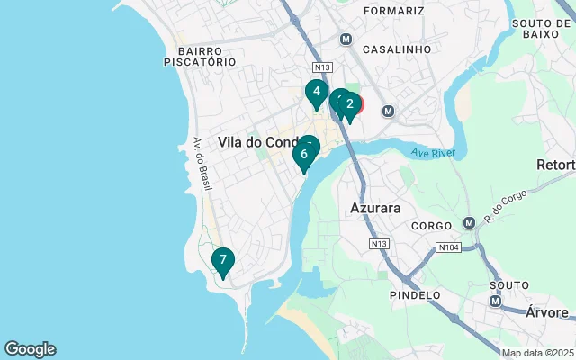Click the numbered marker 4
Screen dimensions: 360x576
pos(315,93)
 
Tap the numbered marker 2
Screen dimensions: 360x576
pos(350,104)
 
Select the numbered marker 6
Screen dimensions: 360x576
pos(304,155)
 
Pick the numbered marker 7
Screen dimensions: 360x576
pos(222,261)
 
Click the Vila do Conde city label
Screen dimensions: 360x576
pos(261,142)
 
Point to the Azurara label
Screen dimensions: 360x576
pos(374,208)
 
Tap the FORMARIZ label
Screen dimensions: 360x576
pos(393,11)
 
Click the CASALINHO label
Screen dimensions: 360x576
pos(397,49)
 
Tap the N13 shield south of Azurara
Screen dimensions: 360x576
pos(378,244)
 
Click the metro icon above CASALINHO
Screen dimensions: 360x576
pos(346,40)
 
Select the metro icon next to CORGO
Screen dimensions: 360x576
pos(468,222)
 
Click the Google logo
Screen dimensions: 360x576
pos(30,349)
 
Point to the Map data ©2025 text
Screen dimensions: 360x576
pos(536,353)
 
